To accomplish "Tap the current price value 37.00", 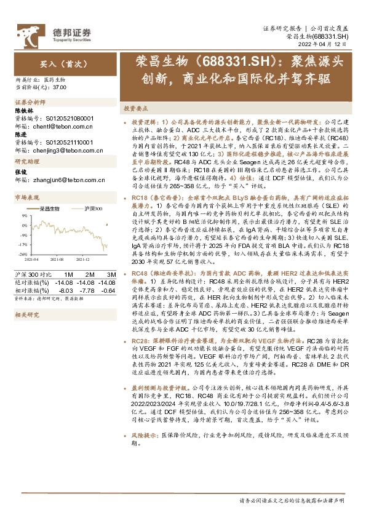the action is [60, 88].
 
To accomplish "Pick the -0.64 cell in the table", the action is [109, 290].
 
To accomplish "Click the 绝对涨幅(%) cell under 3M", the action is [109, 282].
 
